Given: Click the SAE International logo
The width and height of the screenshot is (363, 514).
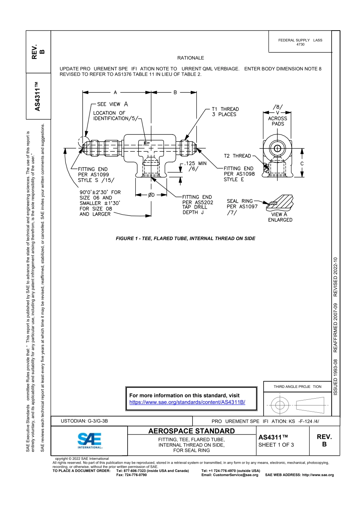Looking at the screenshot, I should click(90, 441).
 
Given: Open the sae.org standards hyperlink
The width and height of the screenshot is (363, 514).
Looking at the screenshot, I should click(187, 402).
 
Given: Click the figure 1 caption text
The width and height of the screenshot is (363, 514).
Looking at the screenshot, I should click(185, 238).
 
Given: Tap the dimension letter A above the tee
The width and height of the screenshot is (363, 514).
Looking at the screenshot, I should click(115, 92).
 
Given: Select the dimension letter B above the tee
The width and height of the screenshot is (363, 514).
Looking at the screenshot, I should click(175, 92).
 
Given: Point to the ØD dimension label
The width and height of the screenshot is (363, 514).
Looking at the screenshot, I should click(152, 195).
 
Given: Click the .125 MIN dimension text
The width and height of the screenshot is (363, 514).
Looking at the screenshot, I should click(196, 163).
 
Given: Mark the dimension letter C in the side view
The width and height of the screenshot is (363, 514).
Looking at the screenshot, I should click(302, 164).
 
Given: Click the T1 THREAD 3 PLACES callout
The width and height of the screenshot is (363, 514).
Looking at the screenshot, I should click(225, 112).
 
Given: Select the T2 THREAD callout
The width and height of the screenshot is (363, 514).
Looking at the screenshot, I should click(237, 156).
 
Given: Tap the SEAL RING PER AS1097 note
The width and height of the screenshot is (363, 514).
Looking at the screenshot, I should click(242, 204).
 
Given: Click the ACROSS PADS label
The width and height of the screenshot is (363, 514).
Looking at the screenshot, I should click(278, 121).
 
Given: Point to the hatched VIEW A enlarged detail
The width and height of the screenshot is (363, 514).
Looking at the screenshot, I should click(281, 203).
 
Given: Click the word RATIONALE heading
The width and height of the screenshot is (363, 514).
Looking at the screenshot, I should click(191, 58).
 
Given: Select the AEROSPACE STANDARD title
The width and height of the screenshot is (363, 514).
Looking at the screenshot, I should click(191, 431).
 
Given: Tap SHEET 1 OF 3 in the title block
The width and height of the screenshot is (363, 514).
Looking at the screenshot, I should click(276, 445).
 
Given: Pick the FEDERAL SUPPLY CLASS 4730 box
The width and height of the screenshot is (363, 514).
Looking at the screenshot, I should click(300, 42).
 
